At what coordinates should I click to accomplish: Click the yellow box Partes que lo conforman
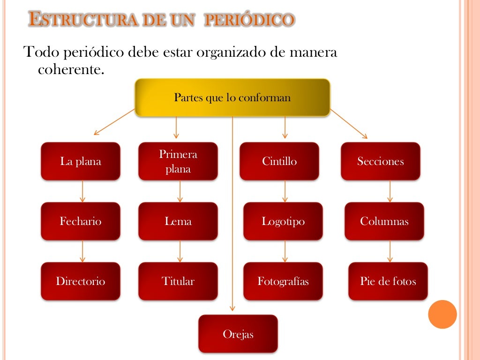point(232,97)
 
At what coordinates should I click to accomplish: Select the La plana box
point(81,161)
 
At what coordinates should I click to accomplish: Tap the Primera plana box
point(178,161)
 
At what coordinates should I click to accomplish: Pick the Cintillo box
point(279,161)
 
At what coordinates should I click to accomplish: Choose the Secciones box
point(381,161)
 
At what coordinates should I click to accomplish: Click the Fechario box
point(81,221)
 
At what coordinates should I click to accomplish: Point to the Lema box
point(178,221)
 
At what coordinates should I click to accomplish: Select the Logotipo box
point(283,221)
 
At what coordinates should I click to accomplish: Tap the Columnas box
point(384,221)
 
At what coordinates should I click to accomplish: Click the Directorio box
point(81,281)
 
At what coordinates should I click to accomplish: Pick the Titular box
point(178,281)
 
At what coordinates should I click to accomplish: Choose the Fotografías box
point(283,281)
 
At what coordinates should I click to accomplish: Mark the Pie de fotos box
point(388,281)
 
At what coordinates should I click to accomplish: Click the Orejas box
point(238,334)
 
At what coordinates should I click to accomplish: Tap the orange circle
point(442,314)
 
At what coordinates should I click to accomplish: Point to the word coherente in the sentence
point(69,70)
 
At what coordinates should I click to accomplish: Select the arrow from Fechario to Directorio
point(82,251)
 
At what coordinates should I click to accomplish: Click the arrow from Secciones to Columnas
point(390,191)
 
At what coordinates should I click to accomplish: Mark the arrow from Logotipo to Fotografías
point(285,251)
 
